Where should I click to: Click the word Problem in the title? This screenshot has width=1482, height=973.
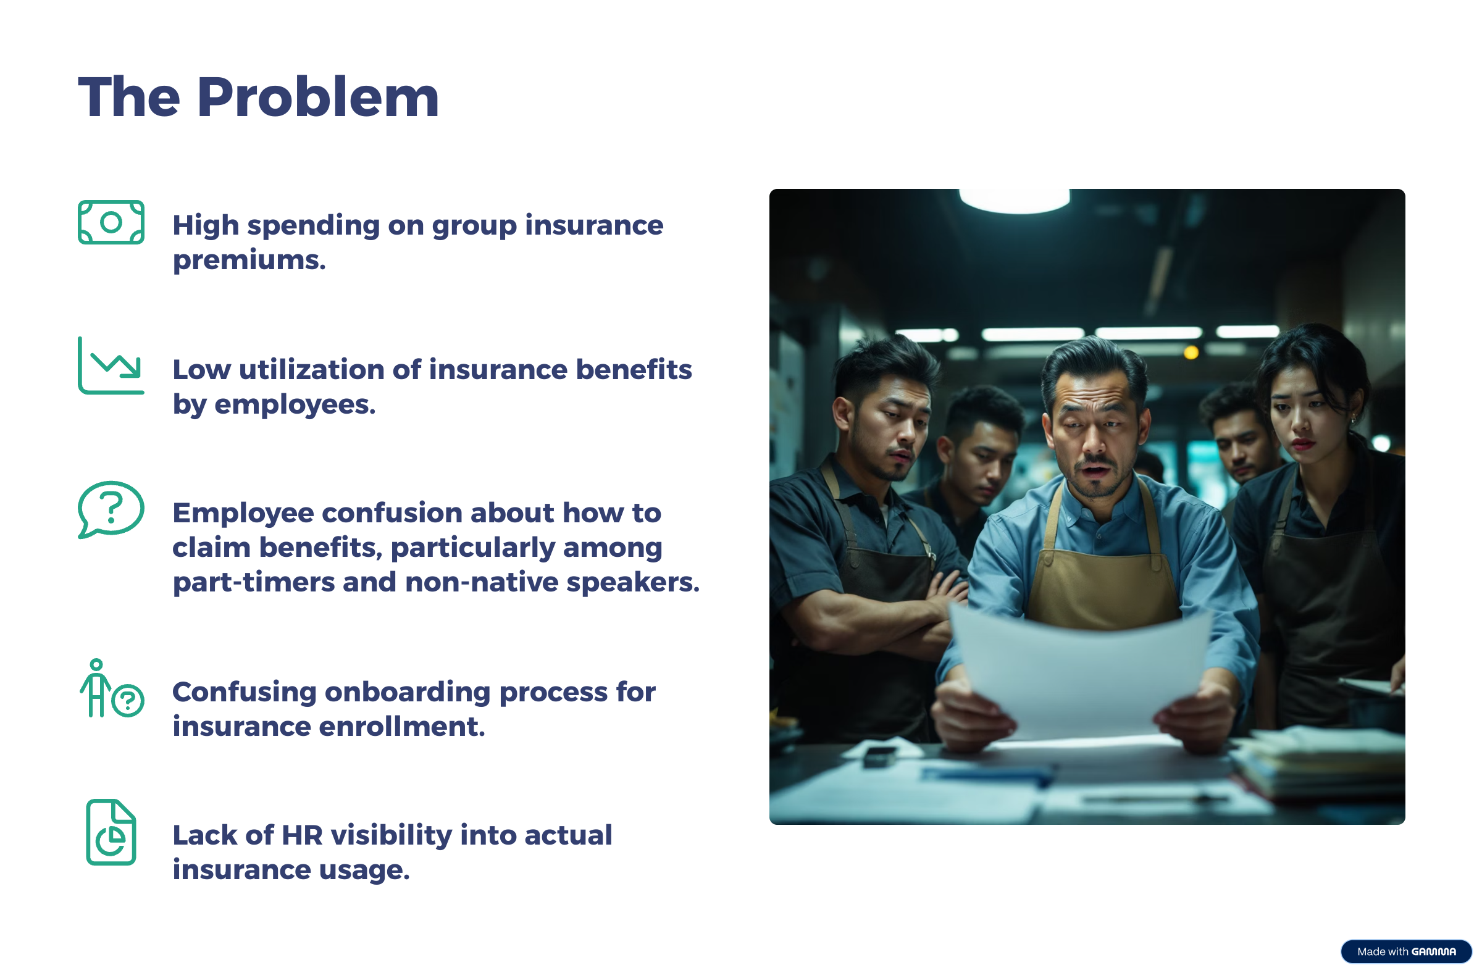318,97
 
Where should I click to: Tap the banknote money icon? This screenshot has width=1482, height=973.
111,222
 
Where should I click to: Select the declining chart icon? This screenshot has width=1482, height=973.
111,365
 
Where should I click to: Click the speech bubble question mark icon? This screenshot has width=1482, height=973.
111,509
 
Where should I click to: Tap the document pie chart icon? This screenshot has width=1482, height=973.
111,832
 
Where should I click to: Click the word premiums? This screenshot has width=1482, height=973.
249,261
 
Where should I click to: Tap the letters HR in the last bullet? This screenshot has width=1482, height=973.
302,835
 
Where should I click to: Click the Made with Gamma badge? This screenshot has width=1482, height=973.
1405,952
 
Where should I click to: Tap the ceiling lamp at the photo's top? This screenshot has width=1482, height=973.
1015,201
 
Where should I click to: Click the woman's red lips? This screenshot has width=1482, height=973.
1302,444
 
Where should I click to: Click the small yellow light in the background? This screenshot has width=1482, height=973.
1191,353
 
